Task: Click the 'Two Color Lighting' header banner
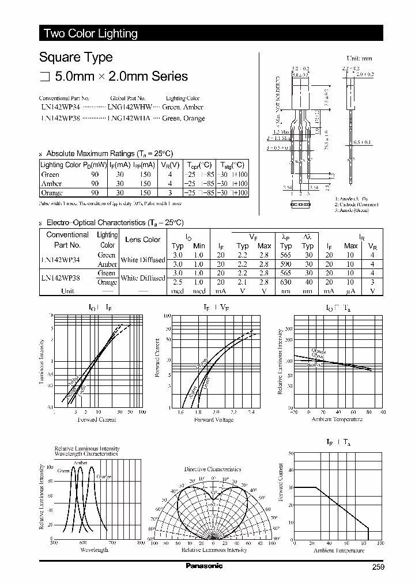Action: click(x=91, y=33)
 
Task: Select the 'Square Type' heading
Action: click(x=76, y=58)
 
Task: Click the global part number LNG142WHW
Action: click(x=130, y=108)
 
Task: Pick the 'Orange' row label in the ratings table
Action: click(x=52, y=193)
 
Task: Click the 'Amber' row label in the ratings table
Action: click(x=51, y=184)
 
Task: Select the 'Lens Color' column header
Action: click(x=143, y=240)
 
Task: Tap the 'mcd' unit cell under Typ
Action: click(x=178, y=291)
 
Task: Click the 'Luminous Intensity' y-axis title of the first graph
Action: click(x=41, y=361)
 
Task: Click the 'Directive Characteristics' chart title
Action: click(x=213, y=470)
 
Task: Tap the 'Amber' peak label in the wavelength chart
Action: click(x=80, y=463)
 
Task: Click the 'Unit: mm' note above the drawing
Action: click(x=359, y=59)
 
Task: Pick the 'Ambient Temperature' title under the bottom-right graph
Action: click(x=338, y=551)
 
